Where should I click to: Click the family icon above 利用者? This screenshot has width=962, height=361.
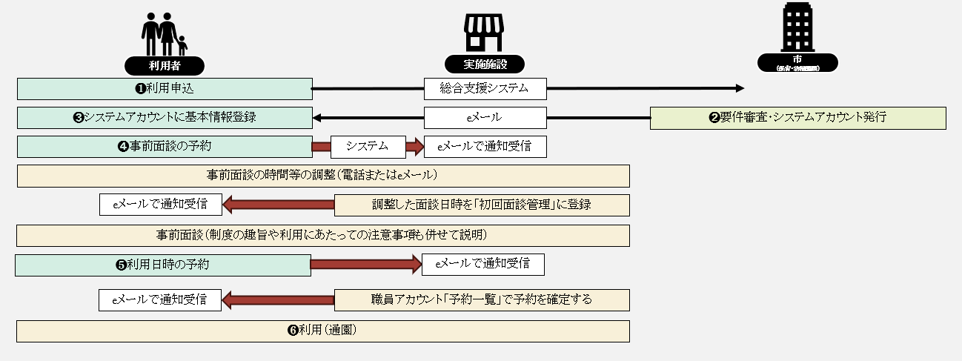click(163, 33)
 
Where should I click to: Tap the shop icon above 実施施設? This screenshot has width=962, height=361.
click(484, 34)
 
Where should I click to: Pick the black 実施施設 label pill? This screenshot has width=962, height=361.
click(484, 64)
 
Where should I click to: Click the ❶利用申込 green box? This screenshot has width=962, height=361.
click(165, 89)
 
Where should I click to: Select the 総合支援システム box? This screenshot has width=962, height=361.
click(485, 89)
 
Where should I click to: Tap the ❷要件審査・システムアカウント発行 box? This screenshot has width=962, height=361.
click(797, 118)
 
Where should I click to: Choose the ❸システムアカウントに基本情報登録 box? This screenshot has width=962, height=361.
click(165, 118)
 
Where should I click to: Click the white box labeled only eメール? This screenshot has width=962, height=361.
click(485, 118)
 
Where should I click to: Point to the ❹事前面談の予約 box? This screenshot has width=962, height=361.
click(165, 147)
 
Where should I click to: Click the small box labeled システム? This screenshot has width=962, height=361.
click(367, 147)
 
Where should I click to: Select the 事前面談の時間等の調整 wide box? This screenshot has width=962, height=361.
click(322, 176)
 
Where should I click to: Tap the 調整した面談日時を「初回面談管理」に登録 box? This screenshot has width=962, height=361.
click(482, 205)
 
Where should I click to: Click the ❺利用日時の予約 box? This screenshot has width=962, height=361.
click(162, 265)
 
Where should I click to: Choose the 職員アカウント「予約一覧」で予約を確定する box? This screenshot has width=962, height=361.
click(482, 300)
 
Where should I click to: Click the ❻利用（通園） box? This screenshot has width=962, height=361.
click(322, 331)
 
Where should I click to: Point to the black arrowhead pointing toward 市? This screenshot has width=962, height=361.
click(739, 88)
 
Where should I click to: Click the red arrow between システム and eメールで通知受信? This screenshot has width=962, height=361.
click(413, 147)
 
